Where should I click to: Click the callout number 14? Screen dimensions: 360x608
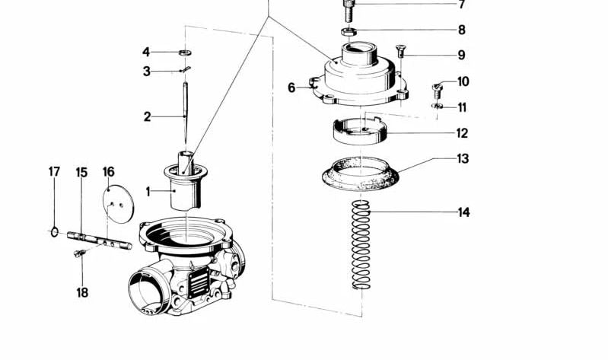click(463, 212)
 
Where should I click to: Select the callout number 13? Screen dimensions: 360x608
click(463, 159)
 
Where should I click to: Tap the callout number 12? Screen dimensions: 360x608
click(462, 133)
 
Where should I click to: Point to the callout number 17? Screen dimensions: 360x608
click(54, 172)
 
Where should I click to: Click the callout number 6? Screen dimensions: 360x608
click(291, 88)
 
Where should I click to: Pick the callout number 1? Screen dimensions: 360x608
click(149, 192)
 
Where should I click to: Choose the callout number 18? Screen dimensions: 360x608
click(81, 292)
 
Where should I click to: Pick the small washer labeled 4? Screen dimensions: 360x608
click(184, 53)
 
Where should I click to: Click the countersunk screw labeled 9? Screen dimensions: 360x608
click(401, 53)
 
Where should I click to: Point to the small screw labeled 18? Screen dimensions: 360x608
click(78, 253)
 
